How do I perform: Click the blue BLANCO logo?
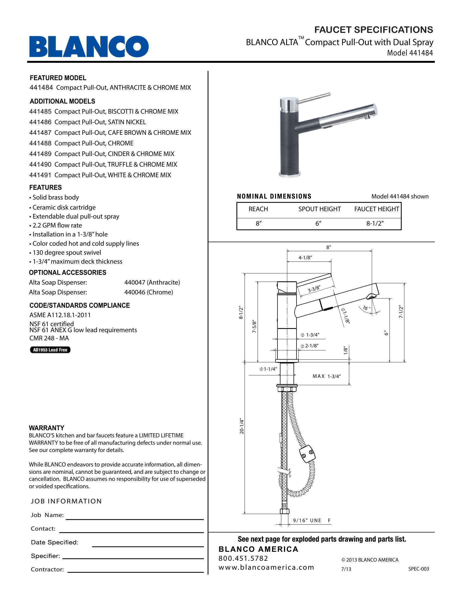(x=89, y=46)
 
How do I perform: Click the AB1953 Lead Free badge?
(x=50, y=350)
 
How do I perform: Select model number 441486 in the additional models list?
(x=40, y=122)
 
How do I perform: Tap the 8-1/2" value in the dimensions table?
(x=375, y=223)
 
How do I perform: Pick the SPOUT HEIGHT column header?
(x=319, y=209)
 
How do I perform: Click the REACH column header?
(x=258, y=209)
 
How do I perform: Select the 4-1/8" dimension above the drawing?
(x=305, y=258)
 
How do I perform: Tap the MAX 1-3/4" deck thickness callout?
(x=326, y=376)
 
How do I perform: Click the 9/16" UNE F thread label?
(x=311, y=521)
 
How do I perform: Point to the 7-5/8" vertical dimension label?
(x=254, y=326)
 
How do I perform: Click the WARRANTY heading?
(x=46, y=428)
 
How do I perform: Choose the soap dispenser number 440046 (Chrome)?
(x=149, y=292)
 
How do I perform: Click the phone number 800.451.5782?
(x=243, y=558)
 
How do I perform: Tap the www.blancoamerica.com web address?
(x=266, y=567)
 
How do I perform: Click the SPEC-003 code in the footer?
(x=419, y=569)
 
